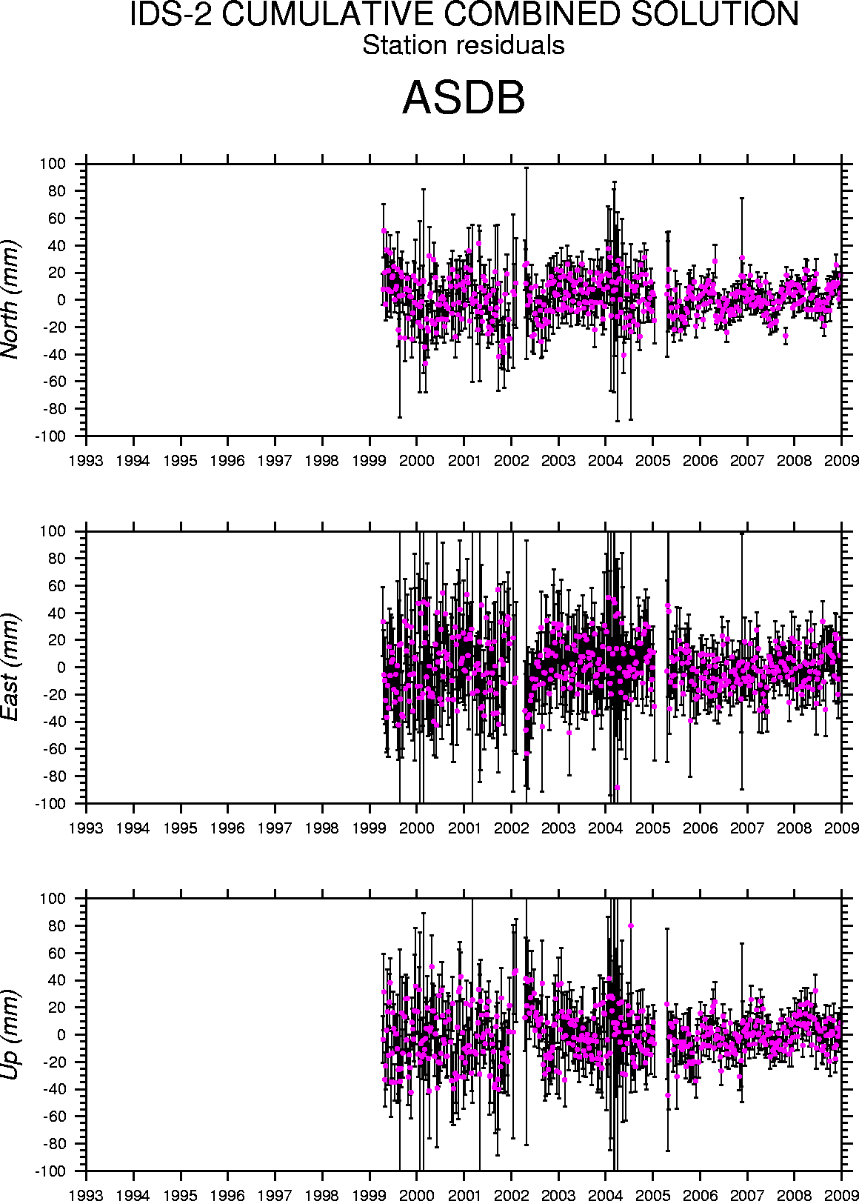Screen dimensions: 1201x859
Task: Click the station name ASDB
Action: (x=464, y=98)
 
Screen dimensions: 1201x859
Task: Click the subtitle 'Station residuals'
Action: (x=464, y=45)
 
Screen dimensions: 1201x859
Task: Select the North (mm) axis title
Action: (x=10, y=299)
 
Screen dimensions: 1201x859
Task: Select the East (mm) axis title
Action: (x=10, y=667)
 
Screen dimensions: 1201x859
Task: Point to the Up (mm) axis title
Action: (x=10, y=1034)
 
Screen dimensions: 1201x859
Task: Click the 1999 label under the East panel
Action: (x=370, y=828)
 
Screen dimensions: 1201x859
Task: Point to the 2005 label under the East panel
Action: (x=652, y=828)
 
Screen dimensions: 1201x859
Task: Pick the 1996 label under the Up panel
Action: (x=228, y=1195)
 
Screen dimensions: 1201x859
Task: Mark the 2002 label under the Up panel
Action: (x=511, y=1195)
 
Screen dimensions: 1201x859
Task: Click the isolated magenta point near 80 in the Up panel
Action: (x=630, y=925)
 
